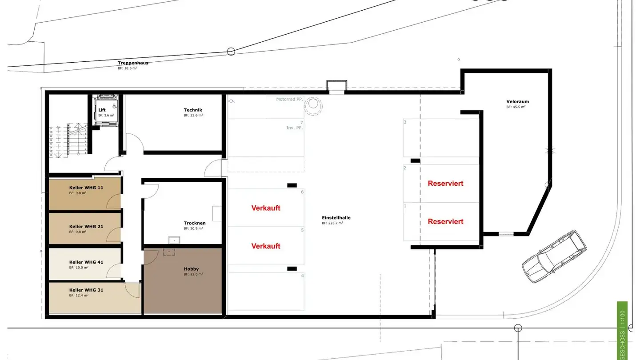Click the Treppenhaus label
pyautogui.click(x=133, y=63)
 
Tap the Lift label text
pyautogui.click(x=102, y=110)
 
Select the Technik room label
pyautogui.click(x=193, y=110)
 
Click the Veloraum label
pyautogui.click(x=517, y=102)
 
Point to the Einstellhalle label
pyautogui.click(x=336, y=218)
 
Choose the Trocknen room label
pyautogui.click(x=194, y=223)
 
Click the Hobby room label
pyautogui.click(x=191, y=269)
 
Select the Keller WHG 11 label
pyautogui.click(x=86, y=188)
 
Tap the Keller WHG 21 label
pyautogui.click(x=86, y=227)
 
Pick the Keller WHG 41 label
pyautogui.click(x=86, y=262)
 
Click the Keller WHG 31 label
pyautogui.click(x=86, y=290)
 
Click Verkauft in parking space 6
pyautogui.click(x=266, y=208)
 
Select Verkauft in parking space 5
pyautogui.click(x=266, y=246)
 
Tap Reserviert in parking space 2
pyautogui.click(x=445, y=184)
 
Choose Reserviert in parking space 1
pyautogui.click(x=445, y=222)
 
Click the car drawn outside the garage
pyautogui.click(x=553, y=256)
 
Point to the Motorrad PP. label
pyautogui.click(x=289, y=100)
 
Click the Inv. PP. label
pyautogui.click(x=294, y=128)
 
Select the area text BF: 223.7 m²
pyautogui.click(x=332, y=223)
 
